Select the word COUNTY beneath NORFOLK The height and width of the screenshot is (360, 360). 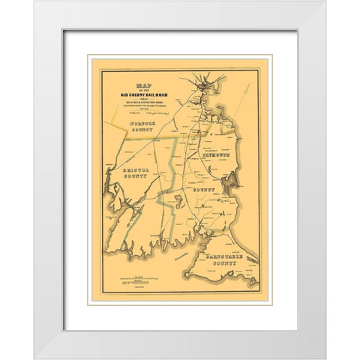136,130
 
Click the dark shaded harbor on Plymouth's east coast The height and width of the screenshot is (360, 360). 235,180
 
